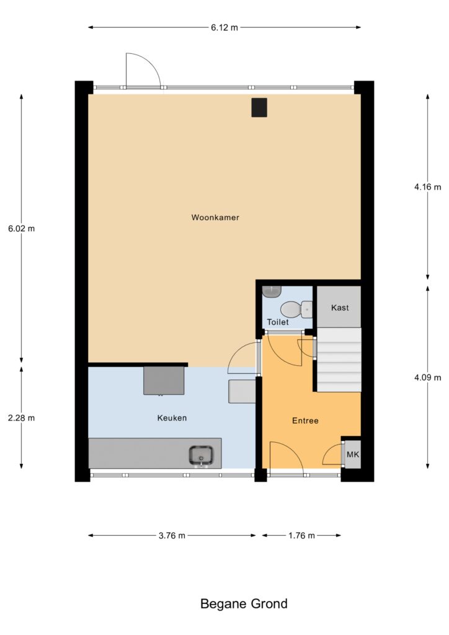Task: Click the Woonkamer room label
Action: coord(215,218)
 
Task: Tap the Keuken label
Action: coord(172,418)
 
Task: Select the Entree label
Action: coord(305,421)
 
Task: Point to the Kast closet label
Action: coord(340,308)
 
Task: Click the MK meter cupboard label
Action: coord(353,455)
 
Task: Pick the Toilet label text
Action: coord(278,322)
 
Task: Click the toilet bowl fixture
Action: coord(296,309)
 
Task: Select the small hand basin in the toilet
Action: coord(271,291)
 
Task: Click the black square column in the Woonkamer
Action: coord(259,107)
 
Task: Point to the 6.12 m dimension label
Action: coord(225,27)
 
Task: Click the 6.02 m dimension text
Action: coord(22,228)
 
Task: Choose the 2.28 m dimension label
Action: coord(22,417)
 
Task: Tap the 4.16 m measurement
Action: coord(427,187)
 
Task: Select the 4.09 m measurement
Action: coord(427,378)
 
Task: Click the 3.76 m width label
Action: coord(172,535)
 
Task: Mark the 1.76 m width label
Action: coord(301,535)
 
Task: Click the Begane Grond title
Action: coord(244,604)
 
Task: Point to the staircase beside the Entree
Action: coord(339,360)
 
